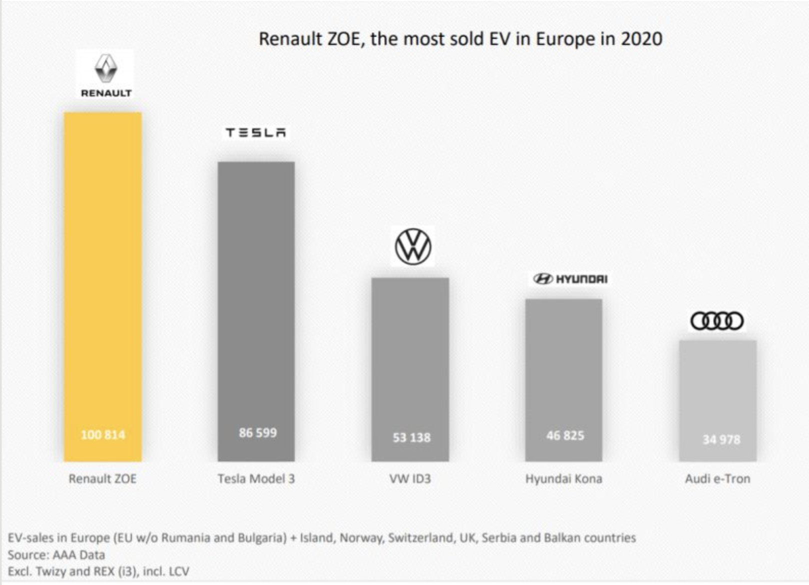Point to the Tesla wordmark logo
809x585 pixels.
pyautogui.click(x=255, y=132)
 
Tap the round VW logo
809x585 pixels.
pyautogui.click(x=412, y=246)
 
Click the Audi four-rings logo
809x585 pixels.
pyautogui.click(x=717, y=321)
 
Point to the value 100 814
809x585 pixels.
pyautogui.click(x=103, y=435)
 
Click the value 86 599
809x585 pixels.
pyautogui.click(x=257, y=433)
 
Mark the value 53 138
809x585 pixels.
pyautogui.click(x=411, y=438)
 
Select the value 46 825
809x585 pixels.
pyautogui.click(x=565, y=436)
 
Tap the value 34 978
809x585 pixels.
pyautogui.click(x=721, y=440)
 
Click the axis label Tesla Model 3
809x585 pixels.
pyautogui.click(x=256, y=479)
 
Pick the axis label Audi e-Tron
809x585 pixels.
pyautogui.click(x=717, y=479)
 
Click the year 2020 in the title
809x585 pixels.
pyautogui.click(x=641, y=39)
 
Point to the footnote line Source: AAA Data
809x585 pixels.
pyautogui.click(x=56, y=555)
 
